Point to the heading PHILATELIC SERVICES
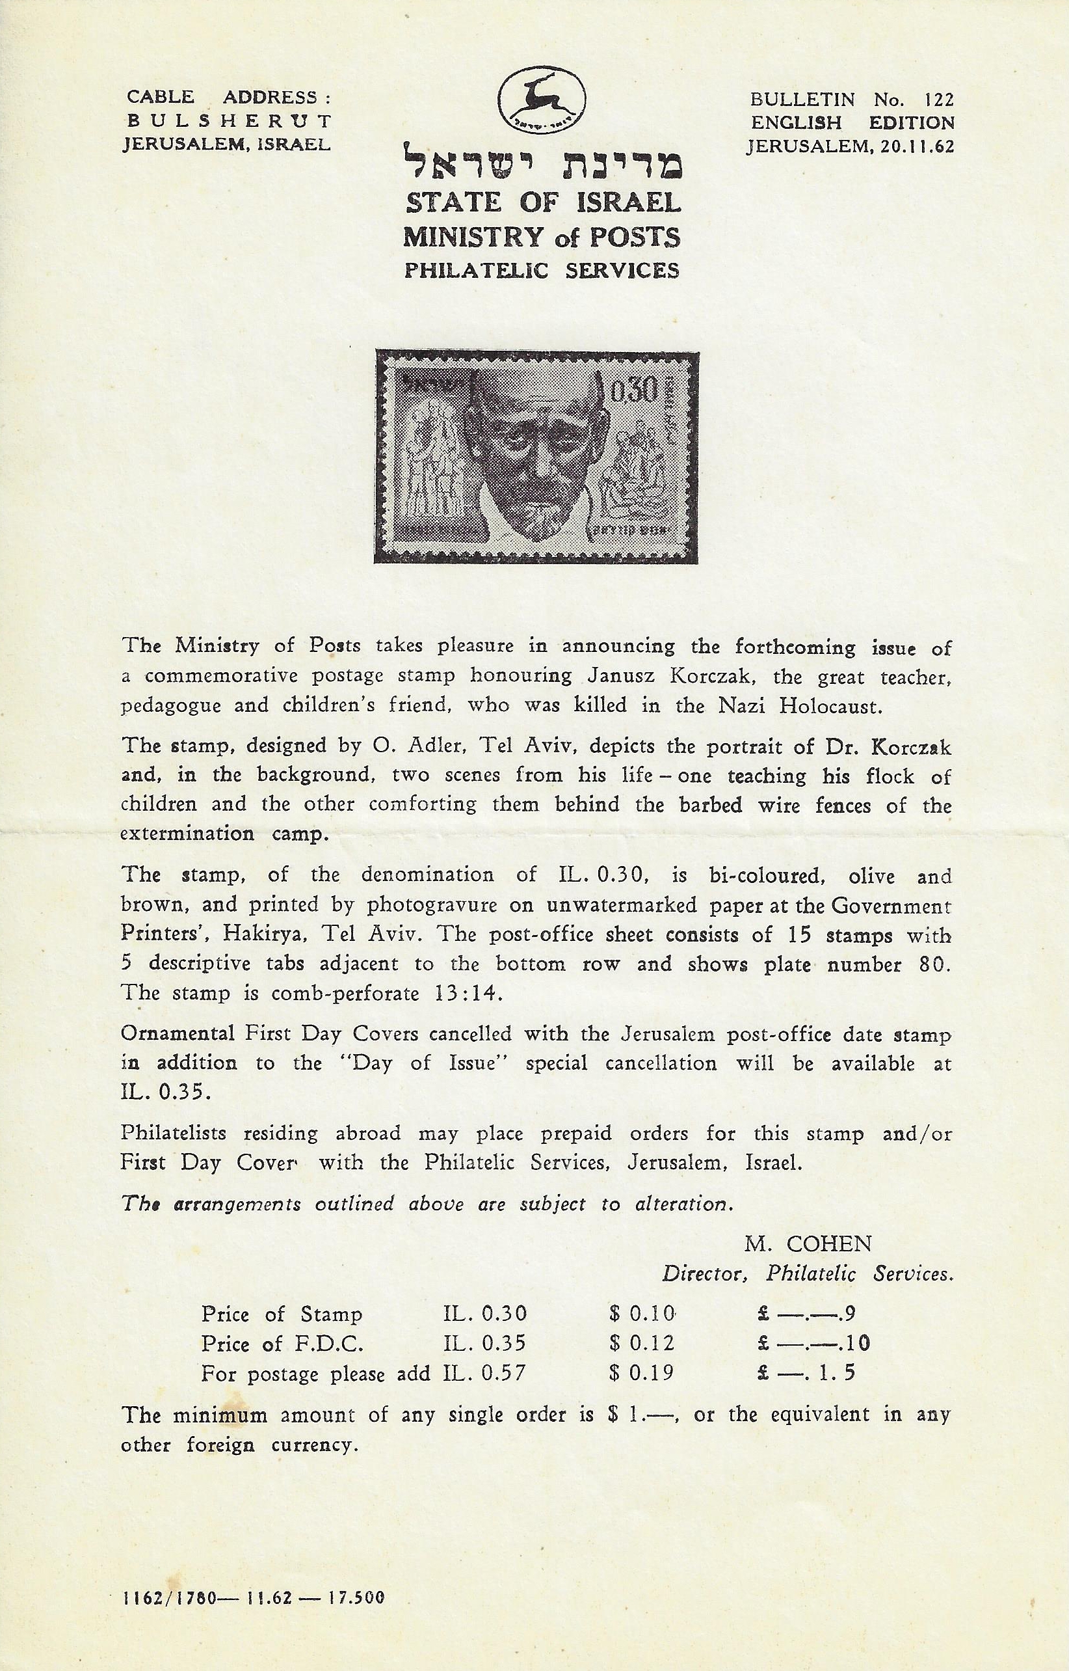pos(542,269)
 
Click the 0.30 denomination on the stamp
pos(633,393)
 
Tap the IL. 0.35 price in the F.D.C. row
pos(485,1343)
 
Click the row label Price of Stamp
pos(282,1314)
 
